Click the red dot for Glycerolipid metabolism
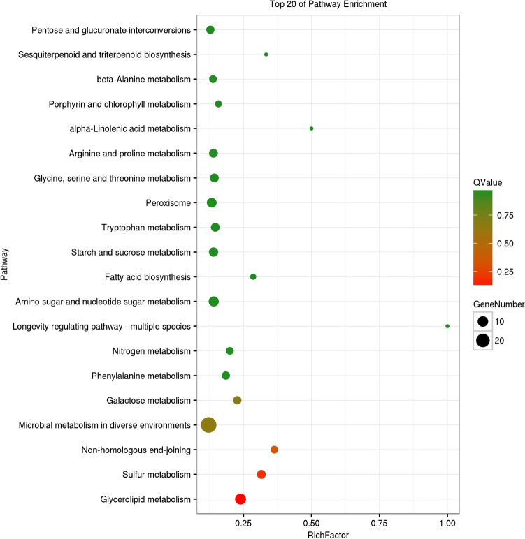tap(240, 499)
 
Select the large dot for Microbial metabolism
tap(208, 424)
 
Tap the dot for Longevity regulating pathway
tap(447, 326)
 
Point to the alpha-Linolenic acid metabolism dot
tap(311, 128)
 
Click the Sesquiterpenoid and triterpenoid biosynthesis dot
tap(266, 54)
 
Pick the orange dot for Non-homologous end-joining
tap(274, 450)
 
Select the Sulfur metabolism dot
tap(261, 474)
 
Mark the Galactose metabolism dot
tap(237, 400)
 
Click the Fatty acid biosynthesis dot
tap(253, 276)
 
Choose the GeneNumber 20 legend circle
tap(482, 340)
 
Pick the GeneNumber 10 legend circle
tap(482, 321)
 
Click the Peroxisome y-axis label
tap(171, 202)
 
